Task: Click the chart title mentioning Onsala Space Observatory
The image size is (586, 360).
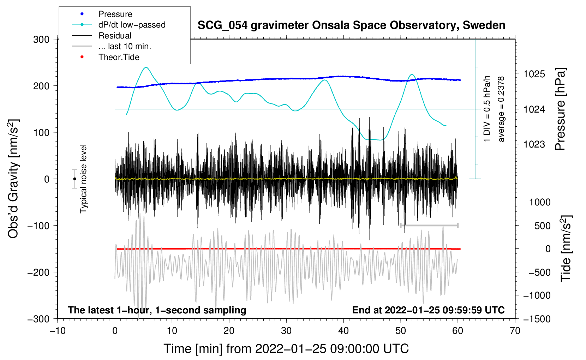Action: [x=351, y=25]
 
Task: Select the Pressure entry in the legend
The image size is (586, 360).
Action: [x=115, y=14]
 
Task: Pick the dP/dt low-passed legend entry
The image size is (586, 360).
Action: [x=132, y=25]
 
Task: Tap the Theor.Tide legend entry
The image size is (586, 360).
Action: [x=119, y=57]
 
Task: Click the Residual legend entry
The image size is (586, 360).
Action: [x=115, y=36]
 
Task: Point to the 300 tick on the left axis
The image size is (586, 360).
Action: [x=41, y=40]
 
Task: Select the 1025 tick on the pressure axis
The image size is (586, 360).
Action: [x=534, y=74]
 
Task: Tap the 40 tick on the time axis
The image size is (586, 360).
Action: [x=343, y=331]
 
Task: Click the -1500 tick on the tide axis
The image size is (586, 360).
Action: [x=537, y=319]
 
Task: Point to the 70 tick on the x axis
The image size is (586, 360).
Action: [x=515, y=331]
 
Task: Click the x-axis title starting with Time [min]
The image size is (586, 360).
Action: [x=286, y=349]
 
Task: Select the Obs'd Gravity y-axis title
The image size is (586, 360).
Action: [x=13, y=179]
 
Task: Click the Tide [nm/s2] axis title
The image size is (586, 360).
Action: [x=566, y=248]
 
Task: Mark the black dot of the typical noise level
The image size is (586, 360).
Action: [x=74, y=179]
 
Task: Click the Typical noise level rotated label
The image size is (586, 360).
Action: [x=83, y=179]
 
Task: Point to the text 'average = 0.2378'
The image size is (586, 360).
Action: [x=501, y=109]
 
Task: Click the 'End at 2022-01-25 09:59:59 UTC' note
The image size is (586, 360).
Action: [x=428, y=310]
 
